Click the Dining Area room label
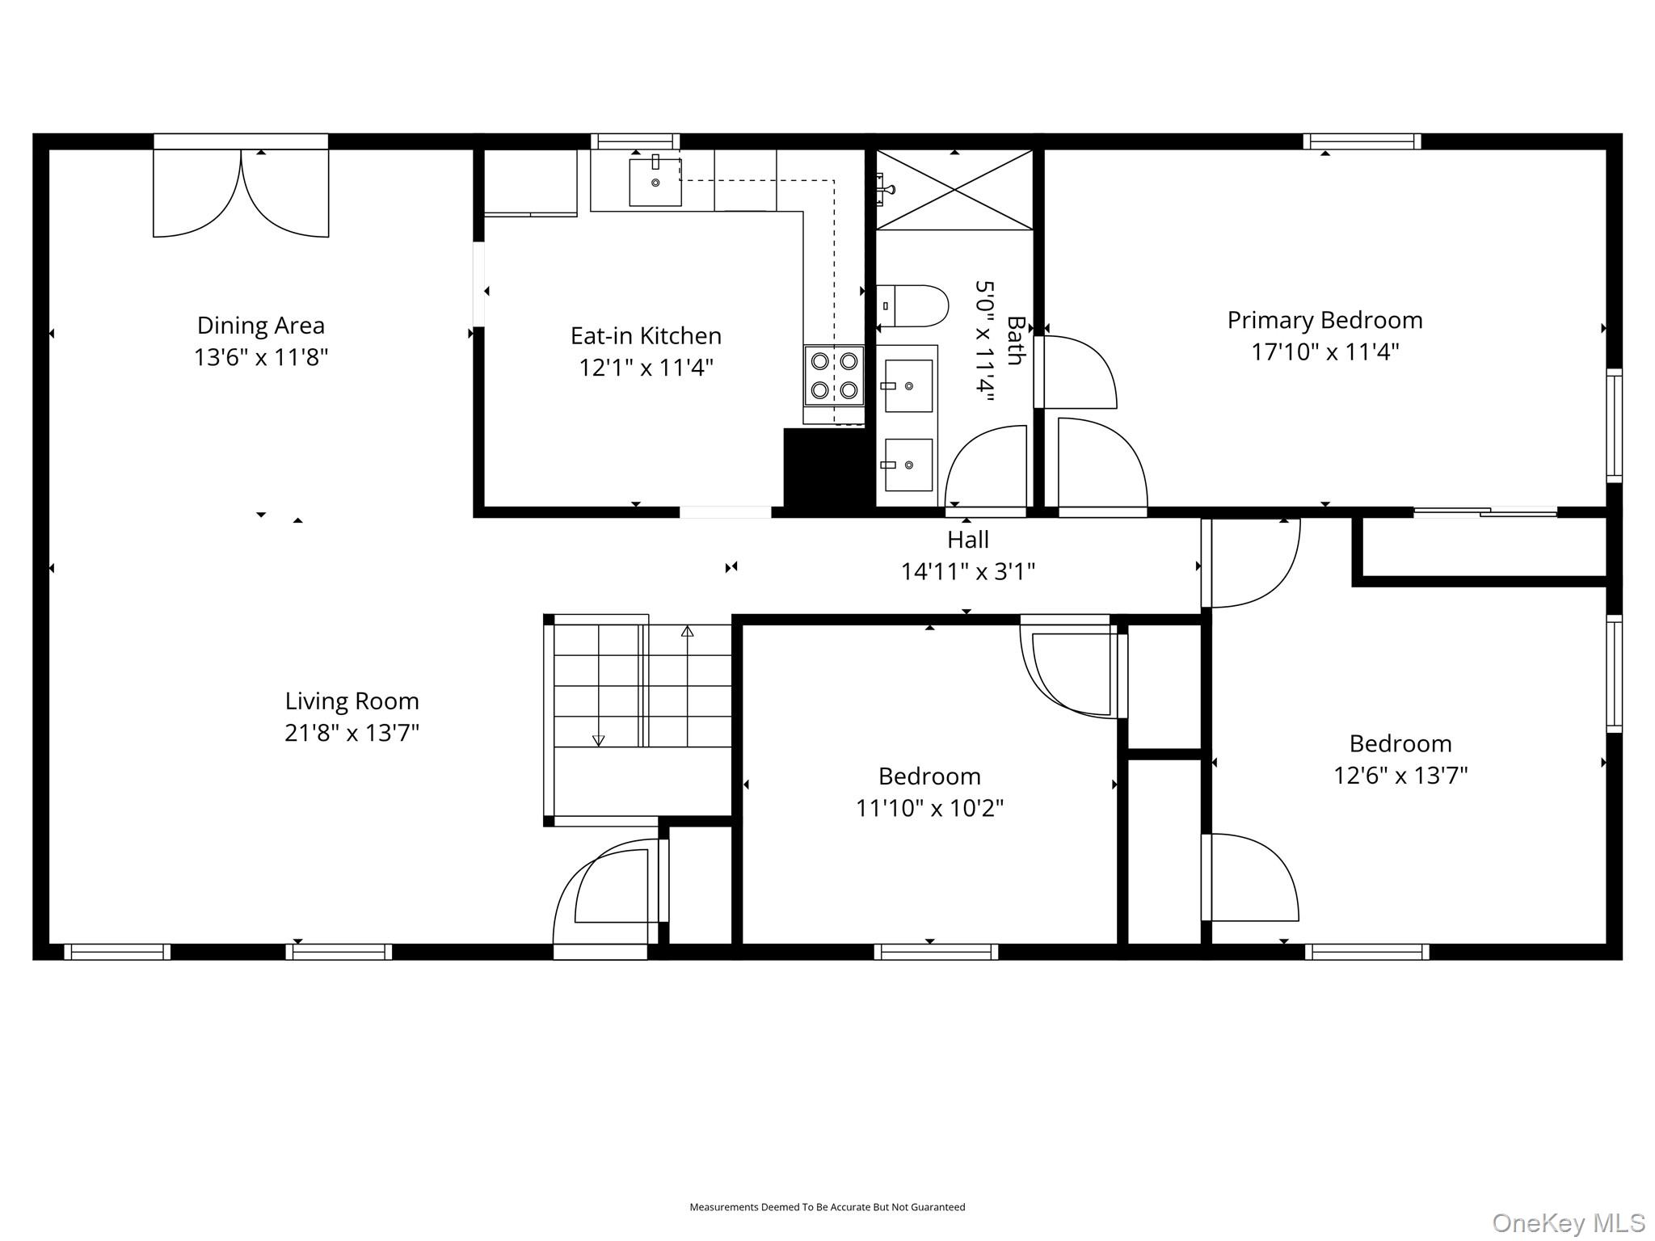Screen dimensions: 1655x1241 pos(261,326)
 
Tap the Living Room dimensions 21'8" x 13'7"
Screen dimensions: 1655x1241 pos(352,733)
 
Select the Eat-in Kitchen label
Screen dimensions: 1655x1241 pos(646,335)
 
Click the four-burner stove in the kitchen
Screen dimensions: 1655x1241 pos(834,376)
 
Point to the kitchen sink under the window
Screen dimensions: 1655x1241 pos(655,182)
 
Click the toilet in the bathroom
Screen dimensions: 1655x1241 pos(912,306)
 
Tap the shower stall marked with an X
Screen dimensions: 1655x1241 pos(954,190)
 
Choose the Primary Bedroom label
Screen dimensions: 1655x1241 pos(1324,320)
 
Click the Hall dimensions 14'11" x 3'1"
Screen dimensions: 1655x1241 pos(968,571)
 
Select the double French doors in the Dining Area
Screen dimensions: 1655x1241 pos(241,188)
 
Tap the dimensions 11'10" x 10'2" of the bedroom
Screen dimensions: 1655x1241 pos(929,808)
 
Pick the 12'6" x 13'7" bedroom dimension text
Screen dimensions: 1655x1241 pos(1400,776)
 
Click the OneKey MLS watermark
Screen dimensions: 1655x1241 pos(1569,1222)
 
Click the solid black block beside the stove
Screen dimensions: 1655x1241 pos(829,469)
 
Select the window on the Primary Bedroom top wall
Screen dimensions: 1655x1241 pos(1362,141)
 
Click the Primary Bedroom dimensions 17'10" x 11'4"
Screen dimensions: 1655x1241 pos(1325,352)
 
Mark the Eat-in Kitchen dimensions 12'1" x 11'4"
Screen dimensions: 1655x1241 pos(646,368)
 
